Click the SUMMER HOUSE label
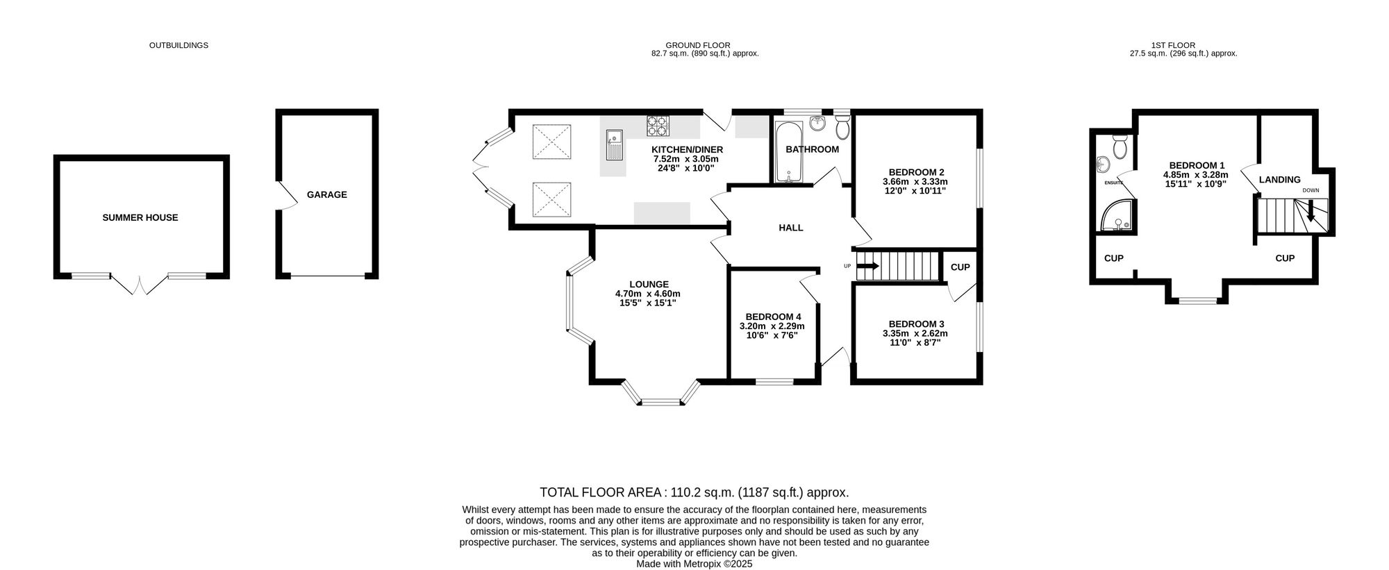point(140,217)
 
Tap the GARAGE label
point(326,195)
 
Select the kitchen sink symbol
point(614,146)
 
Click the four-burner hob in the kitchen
point(658,126)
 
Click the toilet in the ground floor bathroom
point(842,127)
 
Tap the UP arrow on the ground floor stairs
point(867,265)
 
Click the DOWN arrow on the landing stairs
point(1311,211)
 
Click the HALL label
point(790,228)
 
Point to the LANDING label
point(1279,180)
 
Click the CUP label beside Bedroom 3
point(960,267)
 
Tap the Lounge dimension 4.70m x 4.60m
point(647,294)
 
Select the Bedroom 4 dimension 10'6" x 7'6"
point(772,335)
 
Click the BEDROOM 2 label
point(916,172)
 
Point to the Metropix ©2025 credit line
point(694,564)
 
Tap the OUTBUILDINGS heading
point(178,45)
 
